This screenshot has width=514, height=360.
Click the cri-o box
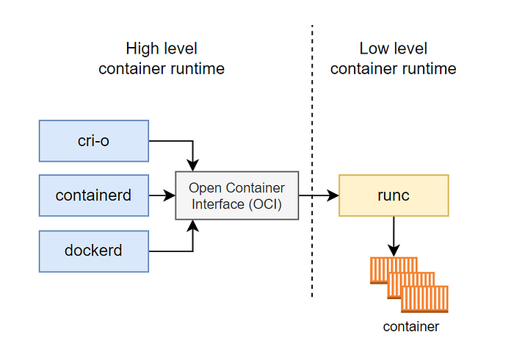tap(93, 140)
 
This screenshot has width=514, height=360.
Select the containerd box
tap(93, 195)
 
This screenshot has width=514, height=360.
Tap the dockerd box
tap(93, 251)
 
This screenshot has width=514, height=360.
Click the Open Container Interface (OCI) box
tap(237, 195)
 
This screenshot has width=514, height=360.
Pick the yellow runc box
tap(393, 195)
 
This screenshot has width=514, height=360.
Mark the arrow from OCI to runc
tap(319, 195)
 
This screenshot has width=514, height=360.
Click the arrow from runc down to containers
tap(394, 234)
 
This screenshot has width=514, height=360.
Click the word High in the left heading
tap(142, 49)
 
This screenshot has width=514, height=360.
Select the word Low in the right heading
tap(373, 49)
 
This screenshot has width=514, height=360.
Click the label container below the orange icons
tap(410, 326)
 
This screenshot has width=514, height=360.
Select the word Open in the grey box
tap(204, 187)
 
